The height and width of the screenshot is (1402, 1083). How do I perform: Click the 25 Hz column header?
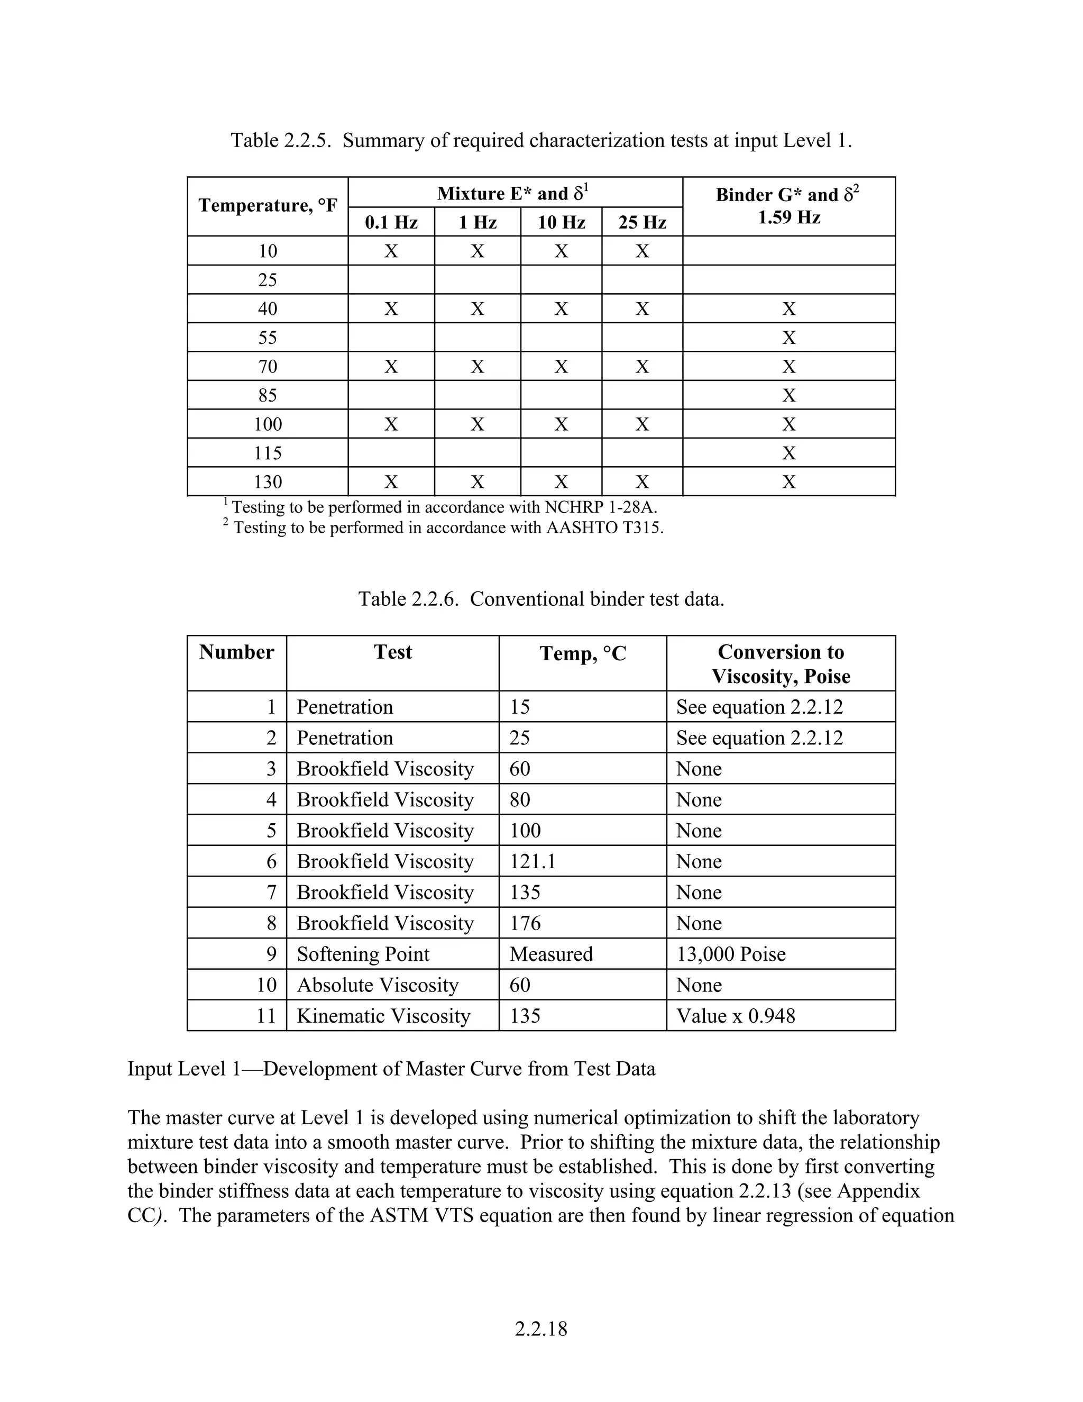(642, 222)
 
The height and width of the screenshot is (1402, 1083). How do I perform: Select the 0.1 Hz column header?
(391, 222)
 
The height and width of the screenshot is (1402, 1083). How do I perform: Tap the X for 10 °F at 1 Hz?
(478, 251)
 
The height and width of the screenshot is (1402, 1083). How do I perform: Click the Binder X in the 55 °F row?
(788, 338)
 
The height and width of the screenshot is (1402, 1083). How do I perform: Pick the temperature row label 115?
(268, 453)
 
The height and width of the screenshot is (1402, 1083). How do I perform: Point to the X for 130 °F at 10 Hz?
(562, 482)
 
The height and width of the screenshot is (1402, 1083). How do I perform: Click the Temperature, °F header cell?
(268, 205)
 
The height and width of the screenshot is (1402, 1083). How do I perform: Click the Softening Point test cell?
(363, 954)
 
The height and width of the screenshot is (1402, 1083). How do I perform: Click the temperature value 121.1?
(533, 861)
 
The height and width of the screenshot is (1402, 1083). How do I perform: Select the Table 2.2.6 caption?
(541, 599)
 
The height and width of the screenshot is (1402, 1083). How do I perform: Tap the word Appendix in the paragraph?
(878, 1191)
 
